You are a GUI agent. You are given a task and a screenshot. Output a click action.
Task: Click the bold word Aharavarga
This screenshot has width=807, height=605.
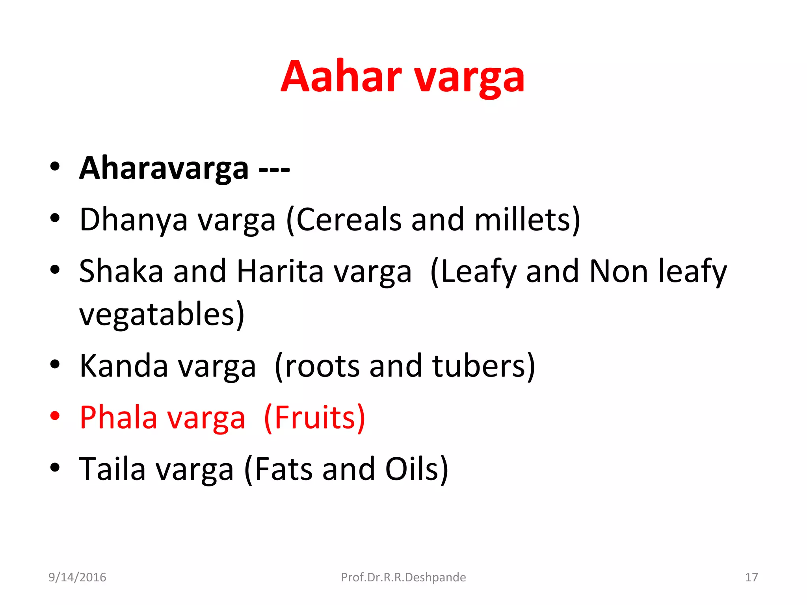click(164, 168)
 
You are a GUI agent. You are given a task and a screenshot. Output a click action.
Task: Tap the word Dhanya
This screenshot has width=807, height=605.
click(134, 220)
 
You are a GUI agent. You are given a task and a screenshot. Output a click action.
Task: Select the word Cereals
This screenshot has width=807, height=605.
click(348, 220)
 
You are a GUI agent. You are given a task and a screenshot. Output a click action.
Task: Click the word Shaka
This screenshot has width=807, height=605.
click(121, 271)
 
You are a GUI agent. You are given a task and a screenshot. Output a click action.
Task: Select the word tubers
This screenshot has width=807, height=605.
click(483, 366)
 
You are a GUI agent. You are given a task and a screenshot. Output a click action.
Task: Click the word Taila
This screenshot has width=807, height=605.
click(112, 469)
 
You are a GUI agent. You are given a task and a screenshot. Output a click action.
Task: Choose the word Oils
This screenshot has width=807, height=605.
click(416, 469)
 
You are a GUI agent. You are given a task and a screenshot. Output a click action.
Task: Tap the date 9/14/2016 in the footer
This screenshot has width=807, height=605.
click(77, 577)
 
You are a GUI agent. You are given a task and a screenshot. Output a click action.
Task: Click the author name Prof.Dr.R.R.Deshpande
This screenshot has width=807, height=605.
click(403, 577)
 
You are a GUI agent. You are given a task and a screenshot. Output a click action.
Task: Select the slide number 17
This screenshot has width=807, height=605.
click(751, 577)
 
